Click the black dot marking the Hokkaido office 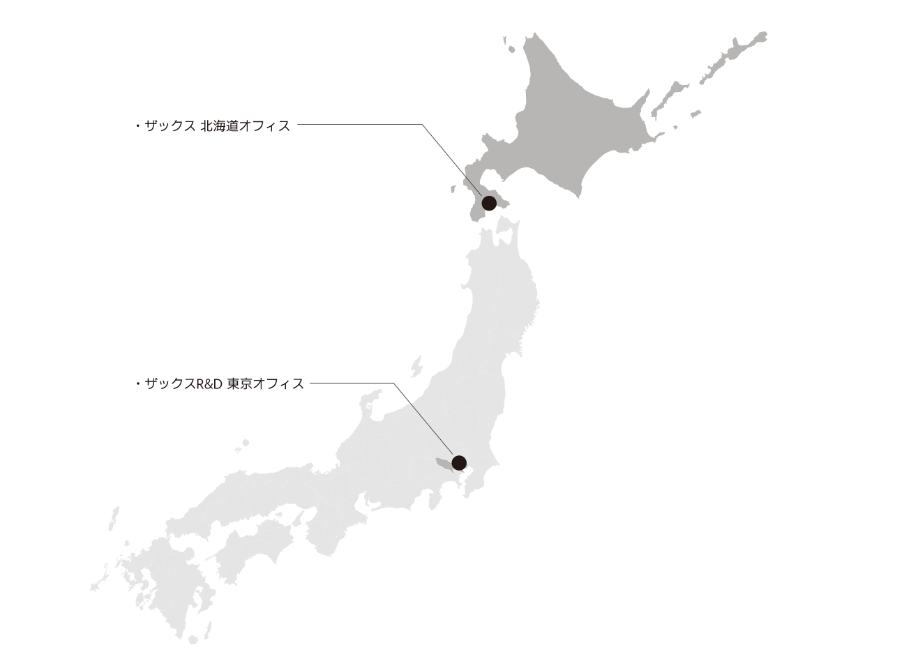click(x=489, y=204)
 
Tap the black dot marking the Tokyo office click(x=459, y=462)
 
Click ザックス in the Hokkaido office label click(x=170, y=127)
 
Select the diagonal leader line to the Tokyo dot click(x=426, y=421)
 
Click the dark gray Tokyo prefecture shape click(x=444, y=462)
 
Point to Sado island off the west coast click(x=416, y=365)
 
